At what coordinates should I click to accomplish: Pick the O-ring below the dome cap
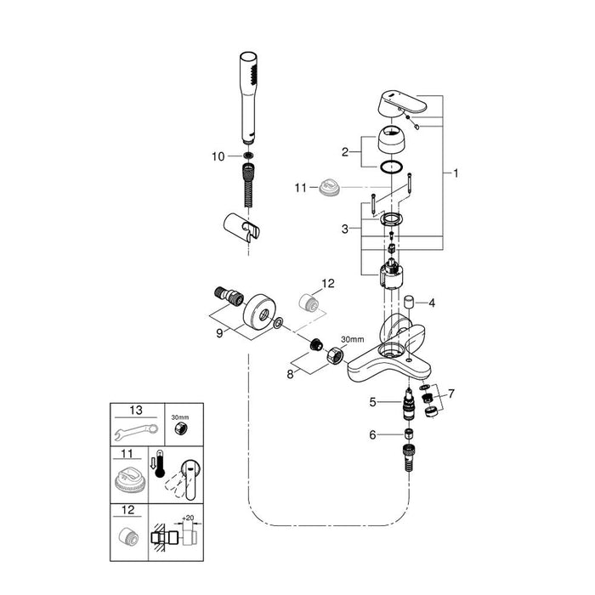pyautogui.click(x=392, y=167)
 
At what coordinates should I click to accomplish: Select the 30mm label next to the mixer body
pyautogui.click(x=351, y=338)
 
